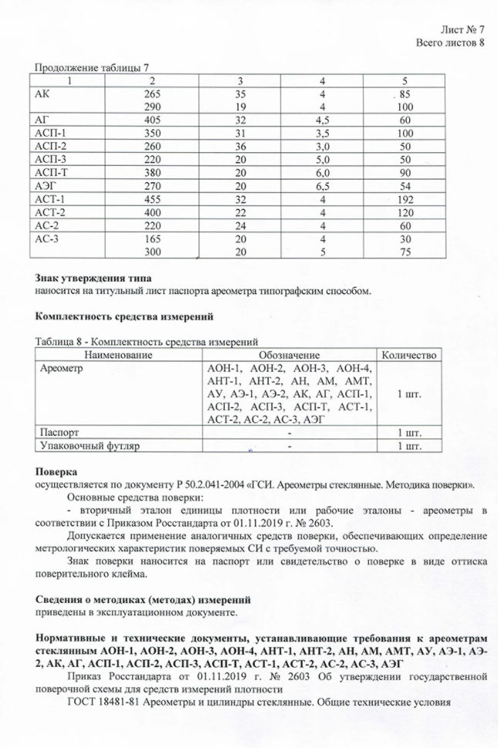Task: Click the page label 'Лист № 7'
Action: click(462, 29)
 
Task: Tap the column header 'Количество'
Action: click(409, 354)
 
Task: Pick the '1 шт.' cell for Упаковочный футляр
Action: click(408, 446)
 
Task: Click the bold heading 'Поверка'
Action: click(56, 471)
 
